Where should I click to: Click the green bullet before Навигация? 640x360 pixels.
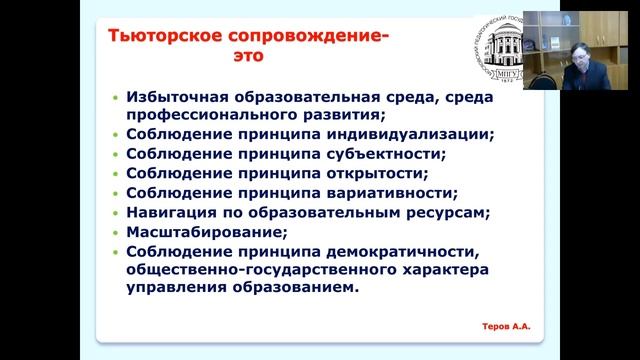(116, 213)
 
